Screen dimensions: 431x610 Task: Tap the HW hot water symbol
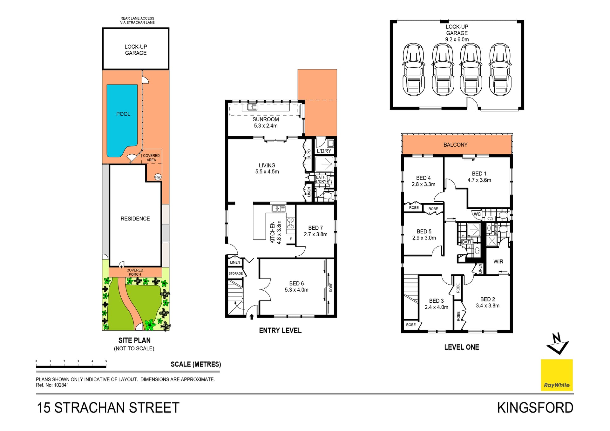coord(158,177)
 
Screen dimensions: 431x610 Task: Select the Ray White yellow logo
coord(557,375)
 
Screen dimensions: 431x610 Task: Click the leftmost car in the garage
coord(413,70)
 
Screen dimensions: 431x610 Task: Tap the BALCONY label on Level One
coord(455,145)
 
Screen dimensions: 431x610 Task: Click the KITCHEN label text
coord(273,232)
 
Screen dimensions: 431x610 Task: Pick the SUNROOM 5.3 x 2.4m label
coord(266,123)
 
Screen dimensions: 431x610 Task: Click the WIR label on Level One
coord(498,262)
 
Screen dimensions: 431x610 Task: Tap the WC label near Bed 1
coord(477,214)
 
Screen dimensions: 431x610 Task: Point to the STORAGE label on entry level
coord(235,273)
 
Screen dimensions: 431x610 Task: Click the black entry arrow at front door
coord(252,316)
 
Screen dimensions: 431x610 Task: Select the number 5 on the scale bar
coord(106,361)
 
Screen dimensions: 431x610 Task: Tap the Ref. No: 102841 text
coord(52,385)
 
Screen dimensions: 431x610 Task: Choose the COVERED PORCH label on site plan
coord(135,272)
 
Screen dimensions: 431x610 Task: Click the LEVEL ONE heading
coord(461,347)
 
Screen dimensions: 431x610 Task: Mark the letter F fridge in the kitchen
coord(291,239)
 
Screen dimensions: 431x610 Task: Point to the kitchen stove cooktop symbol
coord(290,223)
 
